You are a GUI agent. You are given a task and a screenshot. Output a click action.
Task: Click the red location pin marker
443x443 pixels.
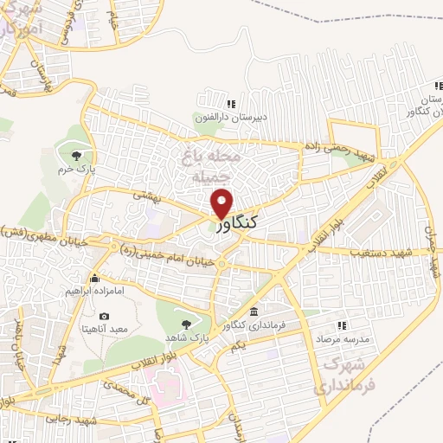222,202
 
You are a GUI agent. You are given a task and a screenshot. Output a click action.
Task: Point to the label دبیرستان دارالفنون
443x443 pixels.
231,117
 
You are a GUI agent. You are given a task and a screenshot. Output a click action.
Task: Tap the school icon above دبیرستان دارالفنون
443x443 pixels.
229,104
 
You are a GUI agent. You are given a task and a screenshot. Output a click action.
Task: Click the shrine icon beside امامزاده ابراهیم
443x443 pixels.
94,279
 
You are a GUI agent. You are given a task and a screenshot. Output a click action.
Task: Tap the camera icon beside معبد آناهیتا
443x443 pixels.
105,316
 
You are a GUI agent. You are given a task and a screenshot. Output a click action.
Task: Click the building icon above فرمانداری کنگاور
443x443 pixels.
253,311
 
